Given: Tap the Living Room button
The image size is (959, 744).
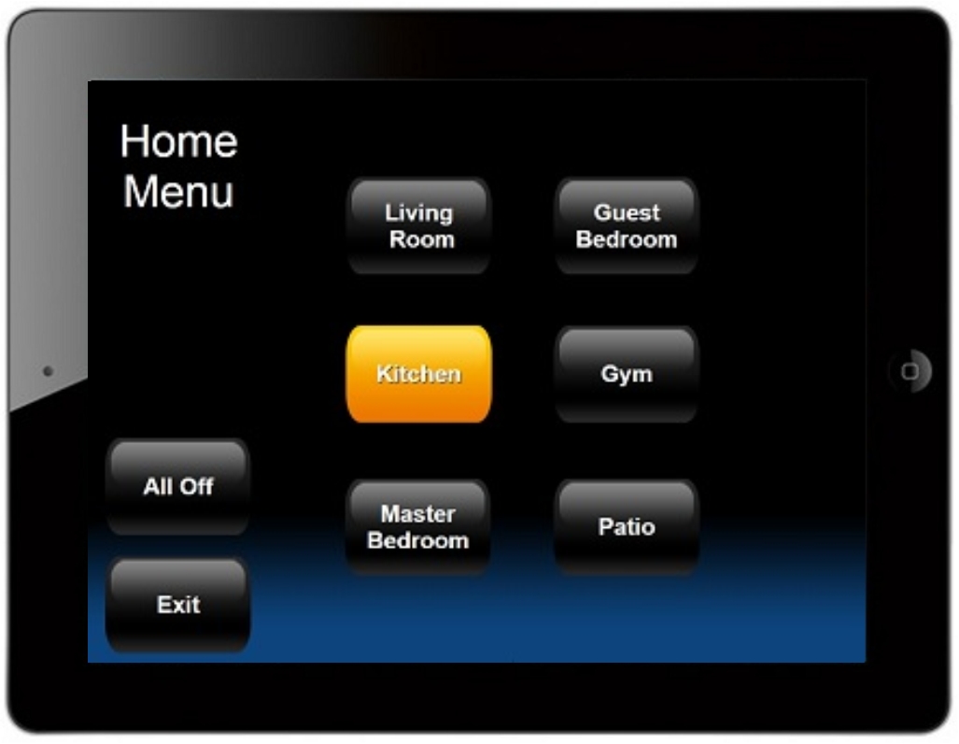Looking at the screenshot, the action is (x=419, y=226).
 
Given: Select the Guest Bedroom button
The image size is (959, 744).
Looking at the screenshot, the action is (x=627, y=226).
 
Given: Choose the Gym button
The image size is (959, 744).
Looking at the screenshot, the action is (x=627, y=374).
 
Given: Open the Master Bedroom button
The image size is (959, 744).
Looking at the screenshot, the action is (x=418, y=526).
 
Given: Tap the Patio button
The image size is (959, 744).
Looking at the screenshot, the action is (x=627, y=526).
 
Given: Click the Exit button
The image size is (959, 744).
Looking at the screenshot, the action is (x=178, y=605).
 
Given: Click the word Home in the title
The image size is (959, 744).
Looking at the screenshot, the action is (x=178, y=141).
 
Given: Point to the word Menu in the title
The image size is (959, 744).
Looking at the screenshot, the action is (x=178, y=192).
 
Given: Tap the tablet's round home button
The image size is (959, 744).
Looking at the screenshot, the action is (x=910, y=371).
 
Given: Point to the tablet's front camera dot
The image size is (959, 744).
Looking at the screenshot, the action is (x=49, y=370).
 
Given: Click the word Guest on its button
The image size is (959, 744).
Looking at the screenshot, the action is (x=627, y=212).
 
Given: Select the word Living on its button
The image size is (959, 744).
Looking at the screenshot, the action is (x=419, y=214).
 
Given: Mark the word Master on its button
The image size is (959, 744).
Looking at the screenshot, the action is (x=418, y=514).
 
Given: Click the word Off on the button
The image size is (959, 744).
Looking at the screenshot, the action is (x=196, y=486).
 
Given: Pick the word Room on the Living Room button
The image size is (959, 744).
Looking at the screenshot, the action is (x=422, y=239).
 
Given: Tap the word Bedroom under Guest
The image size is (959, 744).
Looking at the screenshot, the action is (x=627, y=239).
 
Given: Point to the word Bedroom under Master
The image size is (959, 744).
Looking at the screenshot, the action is (x=418, y=540).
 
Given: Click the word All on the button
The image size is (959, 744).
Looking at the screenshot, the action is (x=158, y=486).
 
